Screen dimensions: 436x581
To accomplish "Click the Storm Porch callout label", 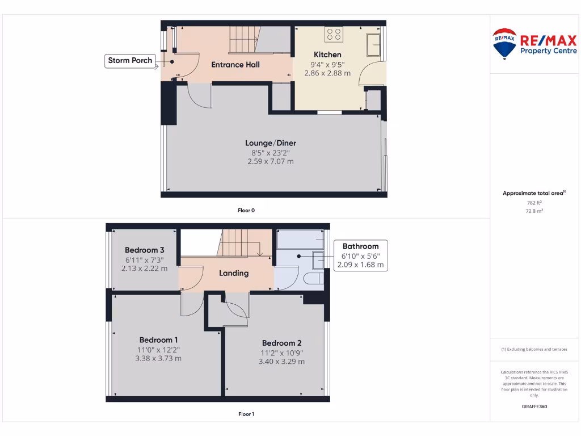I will pyautogui.click(x=130, y=61).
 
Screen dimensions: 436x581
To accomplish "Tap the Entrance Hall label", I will pyautogui.click(x=235, y=65).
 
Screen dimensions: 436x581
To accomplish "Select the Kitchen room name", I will pyautogui.click(x=327, y=54).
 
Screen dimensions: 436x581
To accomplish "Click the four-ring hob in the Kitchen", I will pyautogui.click(x=334, y=35).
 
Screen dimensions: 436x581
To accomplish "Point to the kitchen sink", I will pyautogui.click(x=374, y=45).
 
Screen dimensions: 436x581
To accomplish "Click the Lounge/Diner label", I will pyautogui.click(x=271, y=143).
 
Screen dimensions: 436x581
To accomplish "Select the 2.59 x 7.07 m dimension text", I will pyautogui.click(x=271, y=162).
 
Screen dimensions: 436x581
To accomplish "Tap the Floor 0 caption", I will pyautogui.click(x=246, y=211).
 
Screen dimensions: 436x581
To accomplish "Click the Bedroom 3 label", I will pyautogui.click(x=145, y=250).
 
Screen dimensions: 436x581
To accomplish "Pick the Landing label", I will pyautogui.click(x=234, y=273).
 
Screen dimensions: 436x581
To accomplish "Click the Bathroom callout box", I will pyautogui.click(x=360, y=255).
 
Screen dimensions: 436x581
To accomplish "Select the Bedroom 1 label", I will pyautogui.click(x=158, y=340).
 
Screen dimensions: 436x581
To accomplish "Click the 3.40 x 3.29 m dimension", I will pyautogui.click(x=281, y=362).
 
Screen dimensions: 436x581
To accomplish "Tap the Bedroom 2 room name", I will pyautogui.click(x=281, y=343).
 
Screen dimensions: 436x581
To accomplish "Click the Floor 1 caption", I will pyautogui.click(x=246, y=414).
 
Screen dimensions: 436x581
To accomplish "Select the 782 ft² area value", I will pyautogui.click(x=534, y=202).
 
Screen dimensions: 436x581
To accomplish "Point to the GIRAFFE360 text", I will pyautogui.click(x=534, y=406).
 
